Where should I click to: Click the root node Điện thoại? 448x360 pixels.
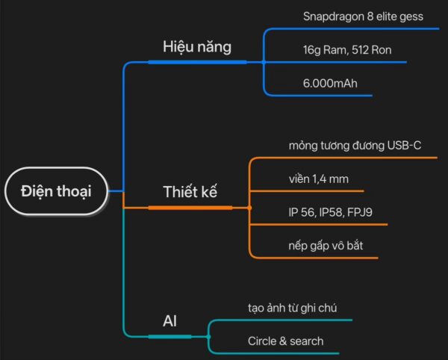tap(56, 191)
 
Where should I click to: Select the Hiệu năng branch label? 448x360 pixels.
tap(197, 46)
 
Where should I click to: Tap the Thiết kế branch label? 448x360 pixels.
tap(190, 191)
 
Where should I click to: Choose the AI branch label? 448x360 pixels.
tap(170, 321)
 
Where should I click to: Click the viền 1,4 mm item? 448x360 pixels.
tap(318, 179)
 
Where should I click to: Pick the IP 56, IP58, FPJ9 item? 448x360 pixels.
tap(331, 212)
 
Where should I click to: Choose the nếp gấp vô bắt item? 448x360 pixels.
tap(326, 245)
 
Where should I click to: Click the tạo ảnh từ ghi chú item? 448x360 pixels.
tap(296, 308)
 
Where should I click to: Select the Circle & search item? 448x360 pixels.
tap(286, 341)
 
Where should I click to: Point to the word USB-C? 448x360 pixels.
tap(404, 146)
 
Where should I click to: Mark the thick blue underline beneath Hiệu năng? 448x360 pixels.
tap(197, 62)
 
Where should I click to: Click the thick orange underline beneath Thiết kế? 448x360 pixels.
tap(190, 207)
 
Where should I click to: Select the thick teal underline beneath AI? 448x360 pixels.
tap(170, 337)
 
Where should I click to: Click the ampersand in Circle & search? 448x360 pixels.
tap(284, 341)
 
